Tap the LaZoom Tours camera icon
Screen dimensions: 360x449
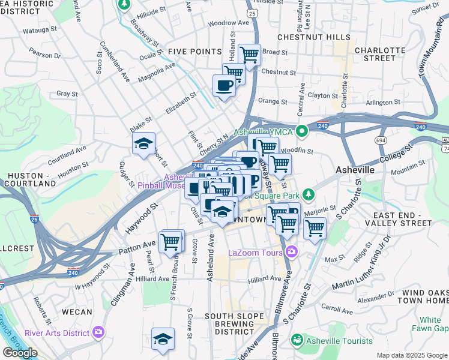(292, 251)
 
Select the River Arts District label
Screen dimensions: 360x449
(58, 333)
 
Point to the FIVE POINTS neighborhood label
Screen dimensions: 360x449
(195, 52)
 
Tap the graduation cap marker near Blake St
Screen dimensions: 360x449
(144, 144)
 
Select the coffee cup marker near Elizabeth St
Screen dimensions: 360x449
(224, 85)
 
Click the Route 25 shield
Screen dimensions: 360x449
(252, 13)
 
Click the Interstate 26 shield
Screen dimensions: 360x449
(34, 220)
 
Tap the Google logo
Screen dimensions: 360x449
(20, 353)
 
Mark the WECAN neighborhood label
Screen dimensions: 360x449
(77, 312)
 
